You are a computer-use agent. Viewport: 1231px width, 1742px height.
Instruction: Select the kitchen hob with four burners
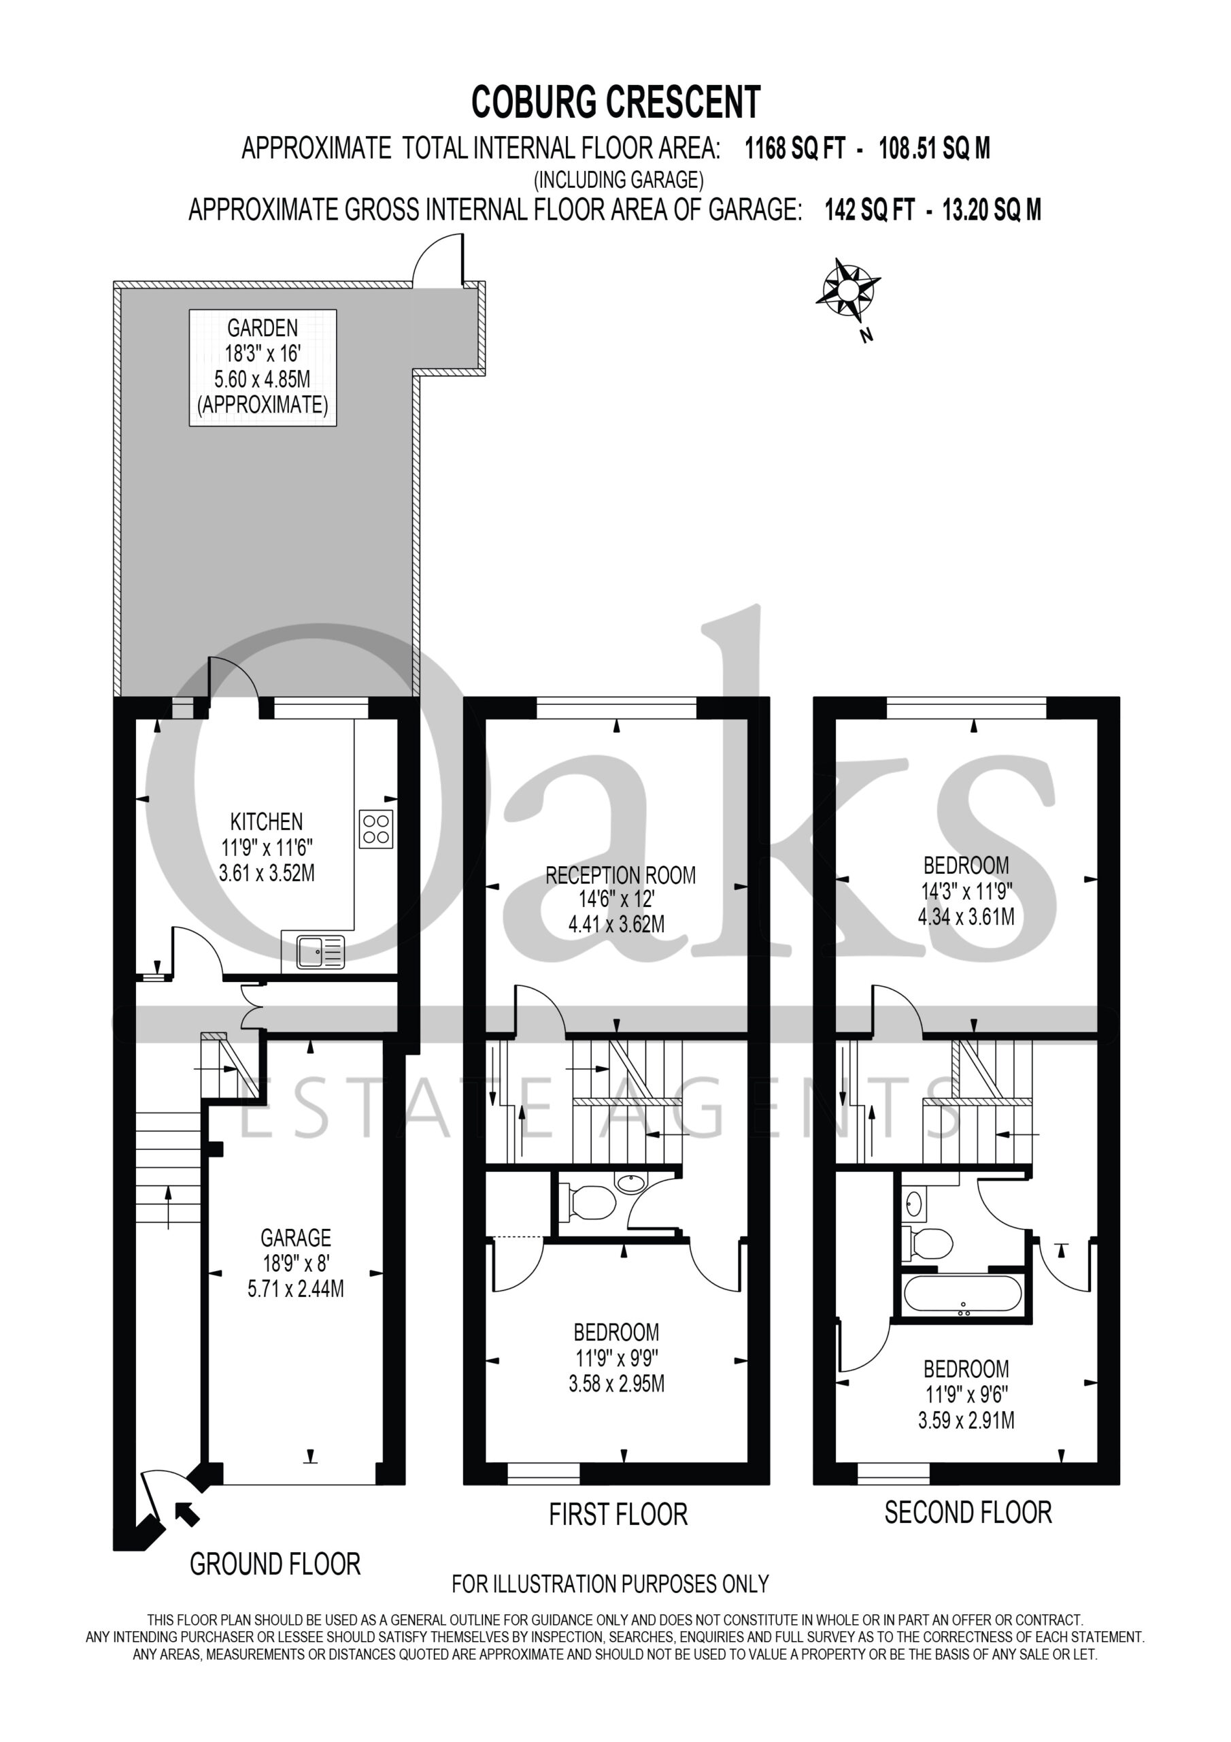(x=376, y=829)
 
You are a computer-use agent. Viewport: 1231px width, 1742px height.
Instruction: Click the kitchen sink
(x=320, y=951)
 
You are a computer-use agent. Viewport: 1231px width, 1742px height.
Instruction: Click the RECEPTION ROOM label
(x=620, y=875)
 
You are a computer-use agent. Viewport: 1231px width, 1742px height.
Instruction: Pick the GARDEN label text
(x=263, y=328)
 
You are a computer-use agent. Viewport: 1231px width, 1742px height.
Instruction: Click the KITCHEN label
(x=266, y=821)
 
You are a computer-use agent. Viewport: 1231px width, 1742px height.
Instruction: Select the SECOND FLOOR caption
(x=968, y=1512)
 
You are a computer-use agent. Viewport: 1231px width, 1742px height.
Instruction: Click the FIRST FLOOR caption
(x=618, y=1513)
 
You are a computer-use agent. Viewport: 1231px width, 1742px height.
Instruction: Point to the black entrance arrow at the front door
(x=186, y=1513)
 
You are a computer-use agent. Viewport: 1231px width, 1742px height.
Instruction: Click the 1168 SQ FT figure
(x=795, y=148)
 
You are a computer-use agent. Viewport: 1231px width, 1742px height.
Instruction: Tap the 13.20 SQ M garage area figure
(x=992, y=210)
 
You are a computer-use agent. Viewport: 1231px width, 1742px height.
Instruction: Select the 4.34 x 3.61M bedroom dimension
(x=966, y=917)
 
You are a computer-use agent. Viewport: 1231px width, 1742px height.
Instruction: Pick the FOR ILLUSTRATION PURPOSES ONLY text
(x=611, y=1583)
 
